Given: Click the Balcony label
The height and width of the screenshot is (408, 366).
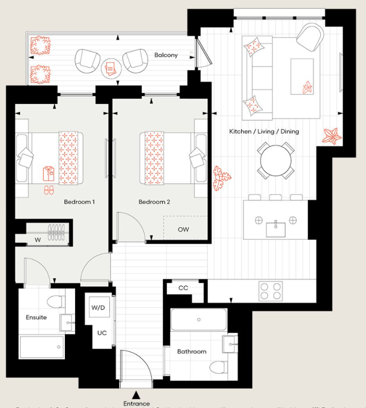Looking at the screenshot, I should tap(166, 55).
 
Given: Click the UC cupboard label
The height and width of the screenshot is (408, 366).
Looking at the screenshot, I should tap(102, 332).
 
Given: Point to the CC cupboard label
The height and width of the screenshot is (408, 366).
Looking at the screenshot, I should tap(183, 288).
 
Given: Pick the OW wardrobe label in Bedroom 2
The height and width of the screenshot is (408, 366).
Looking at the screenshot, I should tap(183, 229).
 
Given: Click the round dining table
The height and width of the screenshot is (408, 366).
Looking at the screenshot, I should tap(276, 160).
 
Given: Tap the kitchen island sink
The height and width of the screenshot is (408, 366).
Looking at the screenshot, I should tap(276, 228).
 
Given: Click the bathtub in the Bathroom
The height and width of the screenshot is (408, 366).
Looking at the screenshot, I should tap(199, 320).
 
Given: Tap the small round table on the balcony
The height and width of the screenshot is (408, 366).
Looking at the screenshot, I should tap(110, 68).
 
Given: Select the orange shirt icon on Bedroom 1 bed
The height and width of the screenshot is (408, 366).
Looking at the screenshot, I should tap(49, 173).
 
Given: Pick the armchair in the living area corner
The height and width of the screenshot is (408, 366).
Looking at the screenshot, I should tap(309, 36).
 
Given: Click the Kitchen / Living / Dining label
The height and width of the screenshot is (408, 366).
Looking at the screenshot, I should tap(264, 132).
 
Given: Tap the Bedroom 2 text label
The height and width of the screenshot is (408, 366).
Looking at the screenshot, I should tap(154, 202).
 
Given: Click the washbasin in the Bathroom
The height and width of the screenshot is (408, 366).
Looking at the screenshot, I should tap(229, 344).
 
